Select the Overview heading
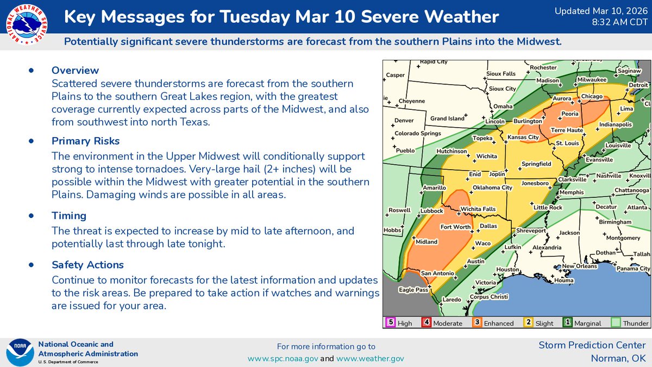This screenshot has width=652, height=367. point(75,70)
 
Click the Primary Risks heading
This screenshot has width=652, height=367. point(85,141)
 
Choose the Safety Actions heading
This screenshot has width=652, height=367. point(87,265)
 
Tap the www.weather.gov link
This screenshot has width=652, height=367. point(370,358)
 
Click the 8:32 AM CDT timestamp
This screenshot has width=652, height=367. point(616,22)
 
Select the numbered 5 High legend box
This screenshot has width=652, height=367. point(390,322)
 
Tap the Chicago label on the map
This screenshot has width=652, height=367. point(592,96)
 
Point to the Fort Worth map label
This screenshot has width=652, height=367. point(455,227)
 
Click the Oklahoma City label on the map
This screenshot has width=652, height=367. point(492,188)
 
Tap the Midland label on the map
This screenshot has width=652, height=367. point(426,242)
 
